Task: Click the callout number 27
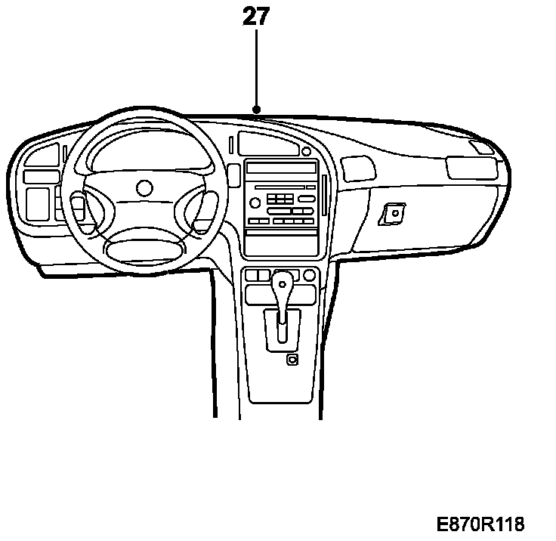click(256, 17)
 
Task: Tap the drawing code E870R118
click(480, 524)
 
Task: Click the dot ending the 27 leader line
click(257, 110)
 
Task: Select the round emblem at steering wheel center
click(144, 187)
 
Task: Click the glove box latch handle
click(393, 215)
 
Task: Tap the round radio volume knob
click(255, 202)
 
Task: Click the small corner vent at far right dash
click(480, 147)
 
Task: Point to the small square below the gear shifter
click(292, 360)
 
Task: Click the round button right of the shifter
click(310, 275)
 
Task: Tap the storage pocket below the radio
click(280, 243)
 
